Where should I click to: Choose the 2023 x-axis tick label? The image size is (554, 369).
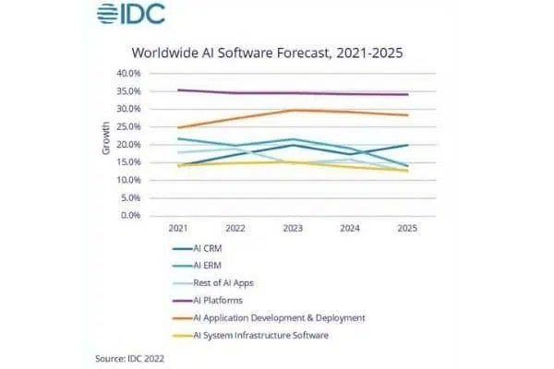pos(292,229)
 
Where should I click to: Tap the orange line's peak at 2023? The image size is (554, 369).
pos(292,110)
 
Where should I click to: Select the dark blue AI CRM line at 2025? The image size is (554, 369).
pos(407,145)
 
